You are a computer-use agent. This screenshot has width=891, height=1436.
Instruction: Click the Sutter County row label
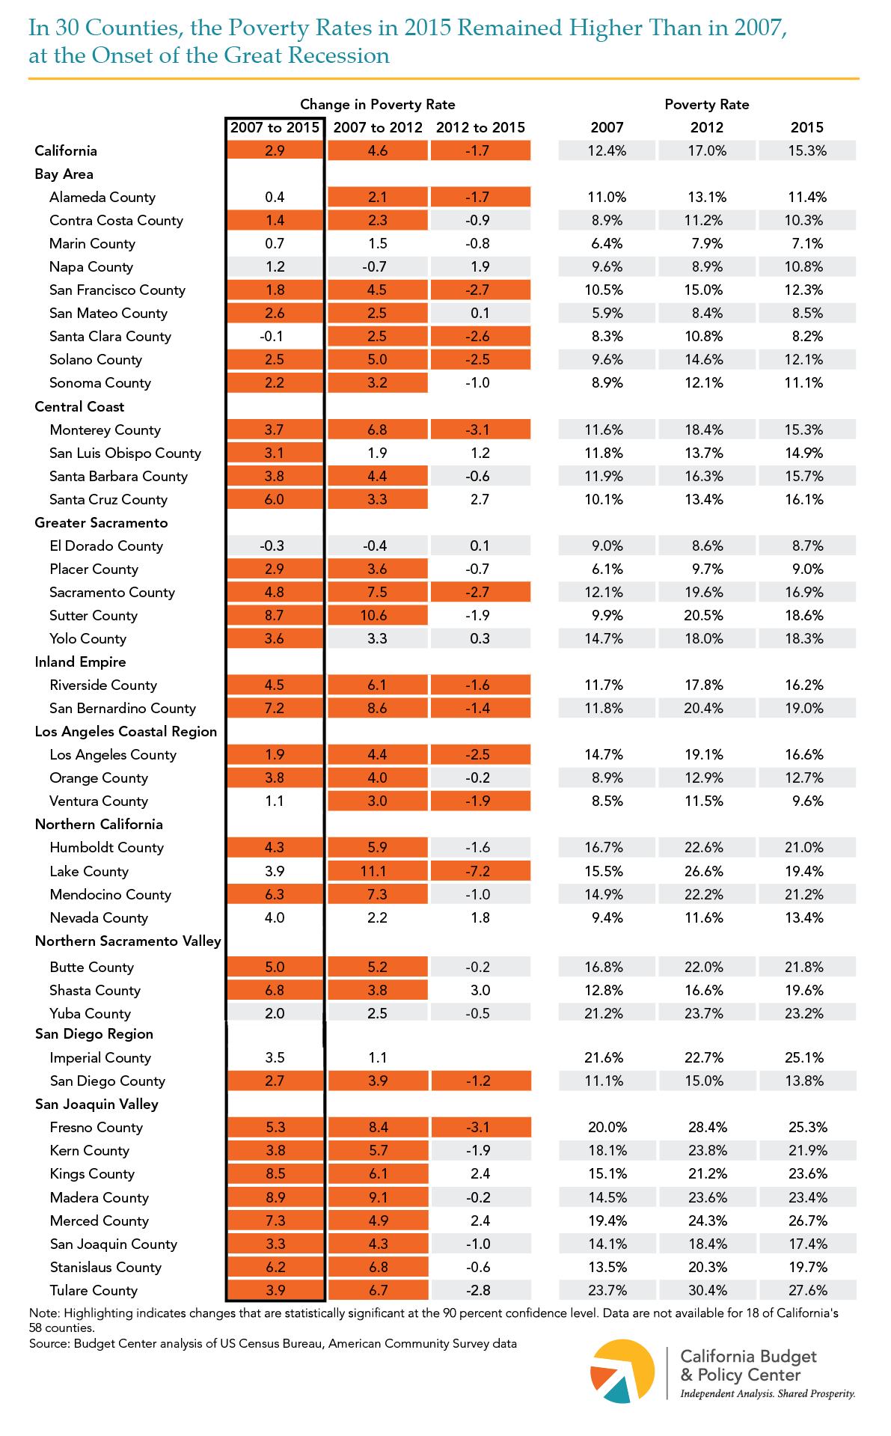click(x=94, y=616)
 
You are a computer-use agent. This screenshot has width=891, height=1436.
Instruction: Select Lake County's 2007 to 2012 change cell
click(x=378, y=871)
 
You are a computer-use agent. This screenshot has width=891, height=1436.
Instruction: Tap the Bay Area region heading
click(x=64, y=174)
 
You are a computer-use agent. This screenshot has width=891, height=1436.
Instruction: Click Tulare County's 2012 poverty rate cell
click(x=707, y=1290)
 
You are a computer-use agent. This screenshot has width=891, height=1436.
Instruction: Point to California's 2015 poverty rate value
click(x=807, y=150)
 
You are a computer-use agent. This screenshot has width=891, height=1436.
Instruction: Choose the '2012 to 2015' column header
click(x=480, y=127)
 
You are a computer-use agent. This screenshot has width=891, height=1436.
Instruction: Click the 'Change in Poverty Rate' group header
click(x=378, y=105)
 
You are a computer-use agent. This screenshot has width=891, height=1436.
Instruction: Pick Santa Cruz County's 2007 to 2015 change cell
click(x=275, y=499)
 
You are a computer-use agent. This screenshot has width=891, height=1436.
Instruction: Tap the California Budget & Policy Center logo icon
click(x=622, y=1370)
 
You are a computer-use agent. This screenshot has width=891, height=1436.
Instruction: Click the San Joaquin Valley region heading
click(x=97, y=1105)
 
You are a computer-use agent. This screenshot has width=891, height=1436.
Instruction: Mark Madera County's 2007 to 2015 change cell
click(x=275, y=1197)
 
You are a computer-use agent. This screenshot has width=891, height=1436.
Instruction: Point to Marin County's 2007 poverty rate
click(x=607, y=243)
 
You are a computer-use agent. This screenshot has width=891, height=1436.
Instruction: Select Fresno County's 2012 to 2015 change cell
click(x=480, y=1127)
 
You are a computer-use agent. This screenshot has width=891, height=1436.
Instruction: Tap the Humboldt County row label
click(x=107, y=848)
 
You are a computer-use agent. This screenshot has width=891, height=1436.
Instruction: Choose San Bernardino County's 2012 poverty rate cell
click(x=707, y=708)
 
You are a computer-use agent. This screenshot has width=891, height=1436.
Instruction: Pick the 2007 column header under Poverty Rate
click(x=607, y=127)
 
